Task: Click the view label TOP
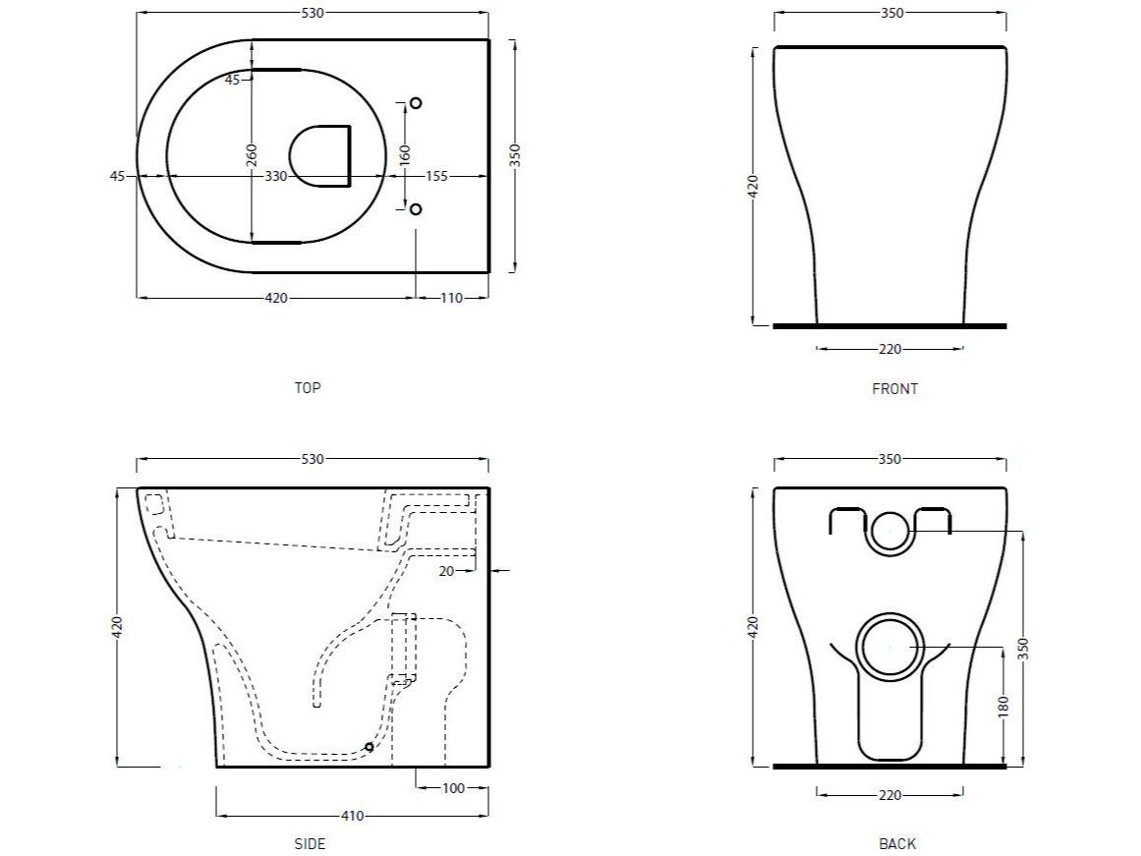308,387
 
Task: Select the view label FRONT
894,389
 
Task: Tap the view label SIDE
310,843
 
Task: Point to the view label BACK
897,843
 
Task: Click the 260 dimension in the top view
251,154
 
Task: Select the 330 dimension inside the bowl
276,176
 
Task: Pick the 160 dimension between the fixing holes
405,154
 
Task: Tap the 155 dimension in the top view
435,176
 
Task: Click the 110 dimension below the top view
451,298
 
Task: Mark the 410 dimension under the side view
352,816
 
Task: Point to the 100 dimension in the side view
452,787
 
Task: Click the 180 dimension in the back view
1001,705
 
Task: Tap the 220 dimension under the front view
889,349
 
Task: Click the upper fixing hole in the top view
415,103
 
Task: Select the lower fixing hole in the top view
415,209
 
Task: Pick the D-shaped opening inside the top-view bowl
321,155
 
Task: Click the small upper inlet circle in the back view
889,531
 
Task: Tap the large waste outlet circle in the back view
889,649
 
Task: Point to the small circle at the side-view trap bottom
370,748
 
